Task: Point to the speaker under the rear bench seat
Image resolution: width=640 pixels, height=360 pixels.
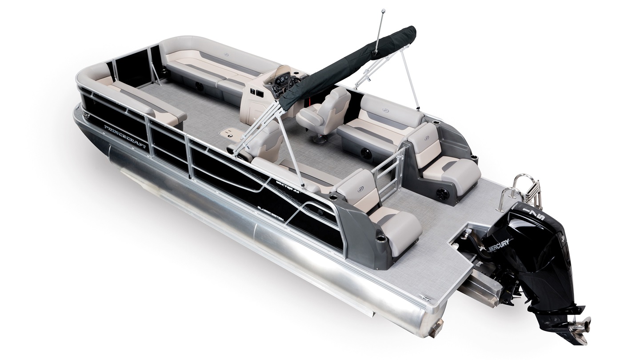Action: [x=367, y=153]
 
